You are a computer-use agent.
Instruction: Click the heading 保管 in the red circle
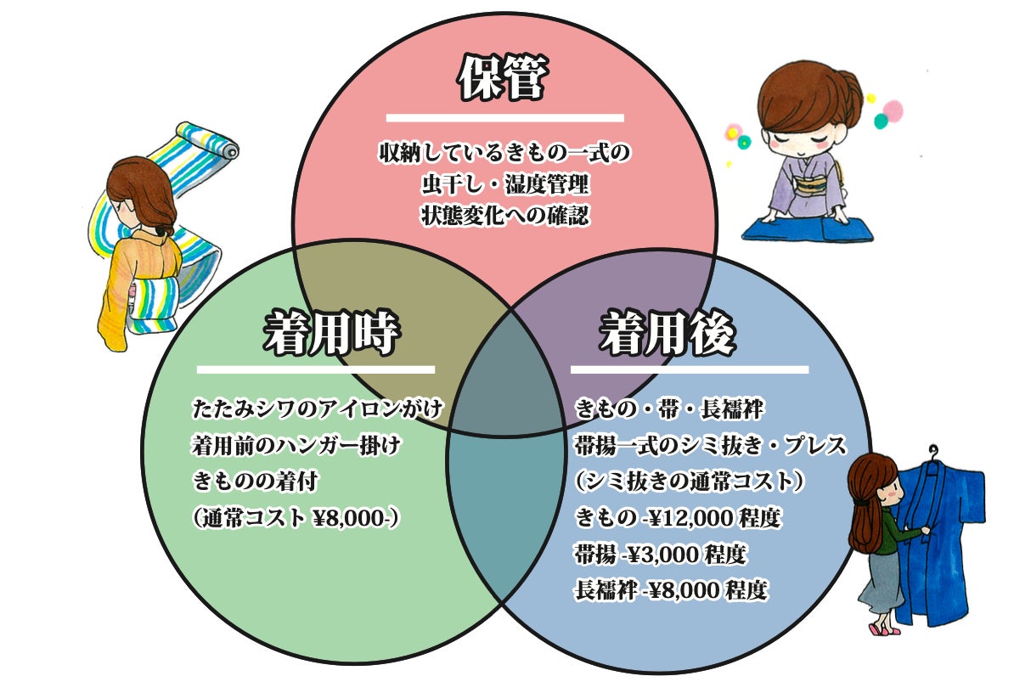coord(504,77)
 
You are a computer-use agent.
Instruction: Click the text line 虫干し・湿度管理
coord(504,183)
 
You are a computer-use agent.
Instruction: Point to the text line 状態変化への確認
coord(504,214)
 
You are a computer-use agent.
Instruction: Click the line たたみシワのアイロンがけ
coord(318,409)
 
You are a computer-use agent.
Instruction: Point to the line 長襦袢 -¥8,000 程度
coord(671,590)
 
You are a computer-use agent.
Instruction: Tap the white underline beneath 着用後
coord(689,369)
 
